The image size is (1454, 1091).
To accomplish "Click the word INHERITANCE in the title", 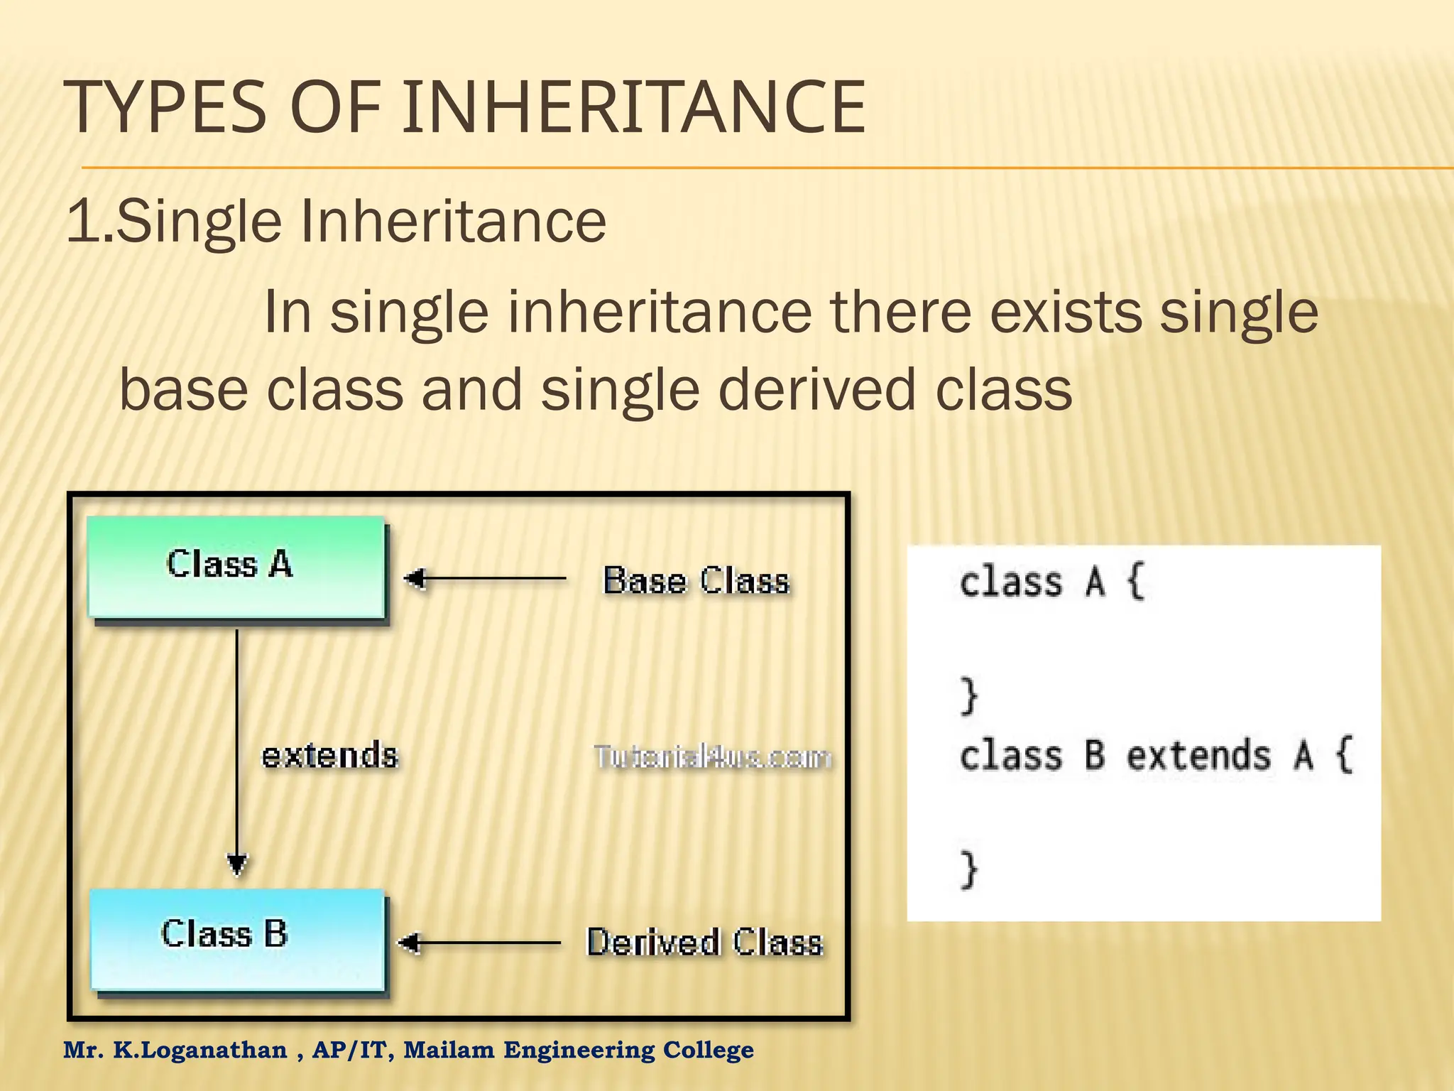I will [633, 108].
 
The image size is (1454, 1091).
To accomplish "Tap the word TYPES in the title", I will [165, 108].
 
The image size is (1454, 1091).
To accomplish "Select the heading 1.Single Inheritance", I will [337, 221].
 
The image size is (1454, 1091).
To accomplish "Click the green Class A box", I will [236, 567].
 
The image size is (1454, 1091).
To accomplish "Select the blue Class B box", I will [237, 939].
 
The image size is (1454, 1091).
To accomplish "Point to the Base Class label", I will [696, 580].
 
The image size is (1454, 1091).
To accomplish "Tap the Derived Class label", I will [704, 943].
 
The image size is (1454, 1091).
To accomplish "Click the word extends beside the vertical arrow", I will [329, 755].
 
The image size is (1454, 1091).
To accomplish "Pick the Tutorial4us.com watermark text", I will [712, 757].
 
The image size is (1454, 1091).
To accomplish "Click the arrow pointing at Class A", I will [486, 579].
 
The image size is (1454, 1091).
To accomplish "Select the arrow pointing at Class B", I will [480, 943].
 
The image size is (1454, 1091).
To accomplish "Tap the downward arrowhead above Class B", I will [237, 864].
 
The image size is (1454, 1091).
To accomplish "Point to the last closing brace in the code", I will [969, 870].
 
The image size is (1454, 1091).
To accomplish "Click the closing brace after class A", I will [969, 696].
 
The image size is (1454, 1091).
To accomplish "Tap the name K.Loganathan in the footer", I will [200, 1050].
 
